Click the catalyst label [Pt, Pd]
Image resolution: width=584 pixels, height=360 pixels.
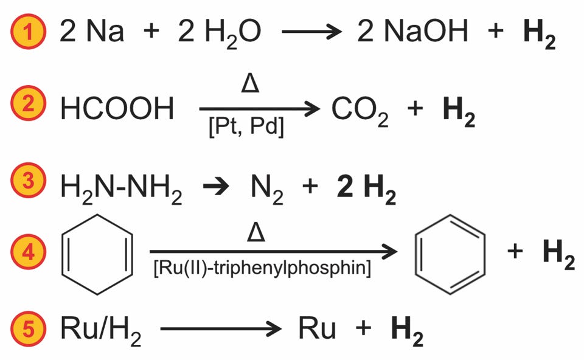[x=246, y=129]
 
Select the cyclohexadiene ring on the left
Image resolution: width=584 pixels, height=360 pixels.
[x=99, y=254]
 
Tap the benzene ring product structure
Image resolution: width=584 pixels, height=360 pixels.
[x=450, y=254]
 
